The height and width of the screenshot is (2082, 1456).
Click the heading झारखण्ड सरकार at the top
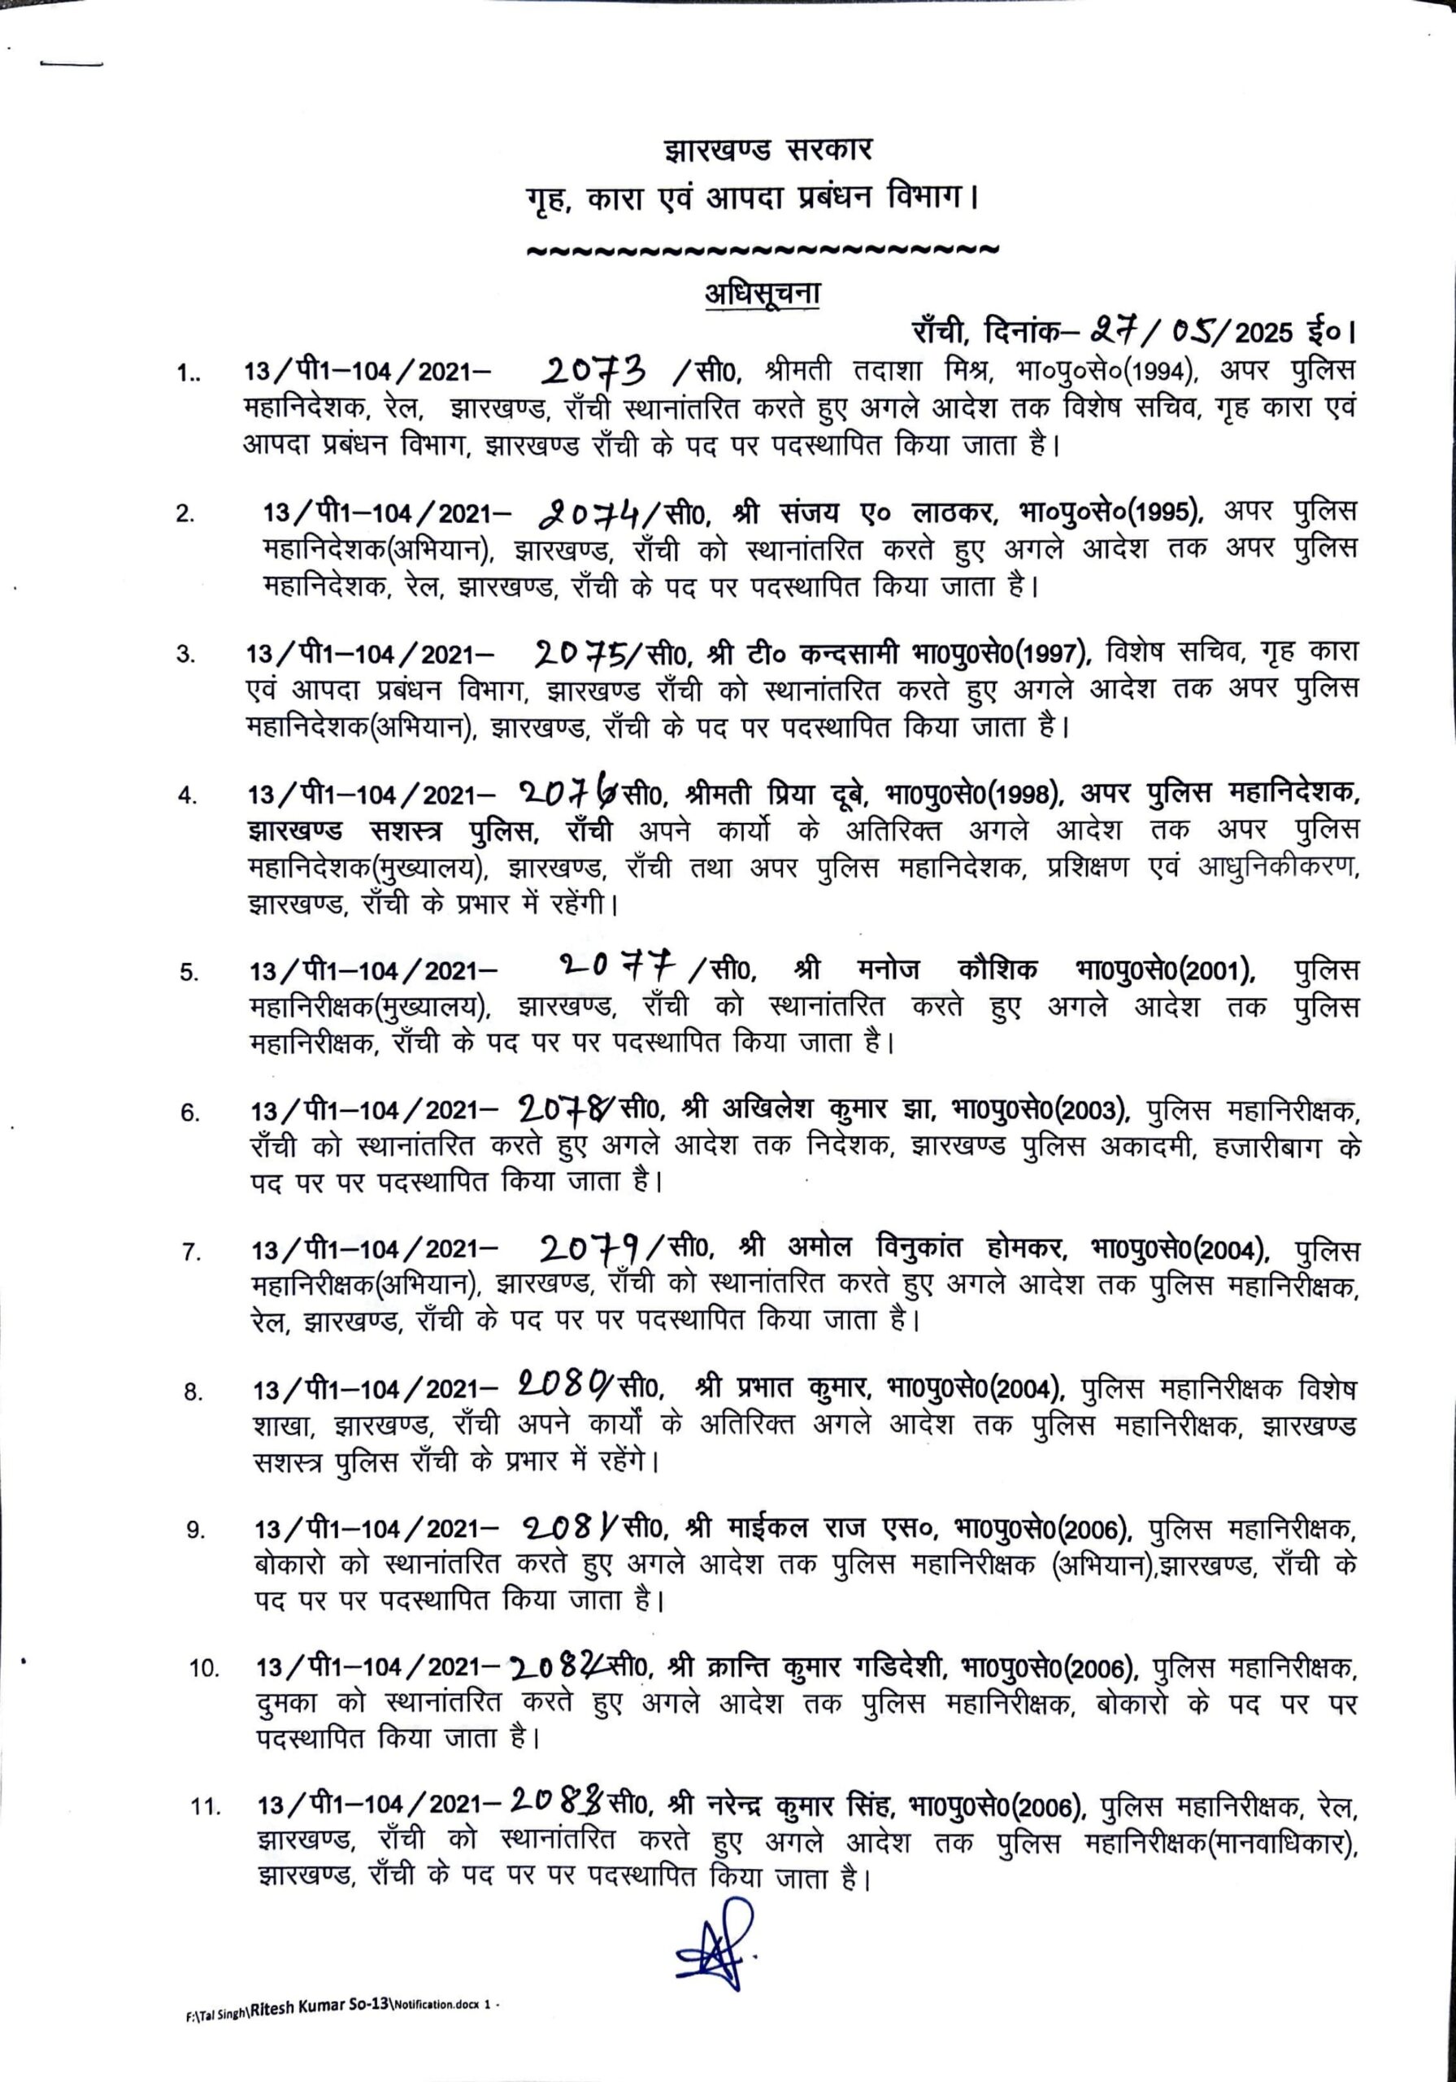[767, 150]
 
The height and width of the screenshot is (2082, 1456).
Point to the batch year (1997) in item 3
[1054, 653]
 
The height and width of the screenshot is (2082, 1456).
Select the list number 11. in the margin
[206, 1807]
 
